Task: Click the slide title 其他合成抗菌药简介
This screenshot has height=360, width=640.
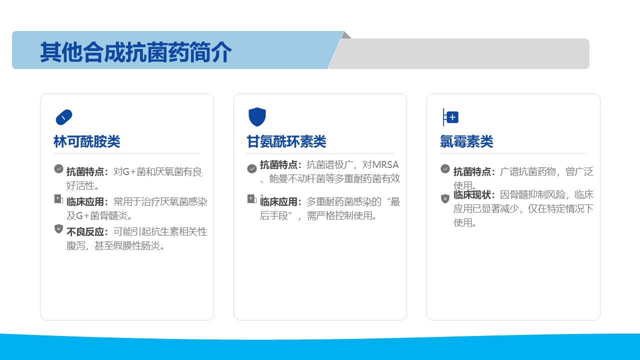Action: (135, 52)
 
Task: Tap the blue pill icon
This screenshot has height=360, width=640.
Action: (64, 117)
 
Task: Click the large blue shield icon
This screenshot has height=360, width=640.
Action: (257, 117)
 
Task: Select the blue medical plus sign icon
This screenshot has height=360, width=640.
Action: (450, 117)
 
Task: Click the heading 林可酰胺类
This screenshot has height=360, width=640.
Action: (87, 141)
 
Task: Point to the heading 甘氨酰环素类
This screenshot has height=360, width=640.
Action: (286, 141)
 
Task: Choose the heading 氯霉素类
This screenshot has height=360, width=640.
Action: (466, 141)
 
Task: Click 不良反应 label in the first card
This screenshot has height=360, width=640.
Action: (85, 231)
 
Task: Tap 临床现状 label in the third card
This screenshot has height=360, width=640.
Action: (472, 195)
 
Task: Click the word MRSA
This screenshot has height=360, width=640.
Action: (385, 165)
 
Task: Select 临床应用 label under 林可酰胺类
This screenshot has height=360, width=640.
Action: (85, 201)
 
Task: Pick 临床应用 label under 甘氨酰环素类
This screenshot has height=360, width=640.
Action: (278, 201)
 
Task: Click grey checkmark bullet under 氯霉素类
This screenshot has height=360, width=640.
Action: (445, 169)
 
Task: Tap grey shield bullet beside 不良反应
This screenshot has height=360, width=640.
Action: (58, 229)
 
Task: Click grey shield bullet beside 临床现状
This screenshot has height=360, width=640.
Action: (445, 198)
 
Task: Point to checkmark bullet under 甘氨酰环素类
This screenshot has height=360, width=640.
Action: (251, 169)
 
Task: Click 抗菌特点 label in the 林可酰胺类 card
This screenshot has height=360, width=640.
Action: (85, 171)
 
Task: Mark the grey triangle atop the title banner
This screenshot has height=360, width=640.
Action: (346, 35)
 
